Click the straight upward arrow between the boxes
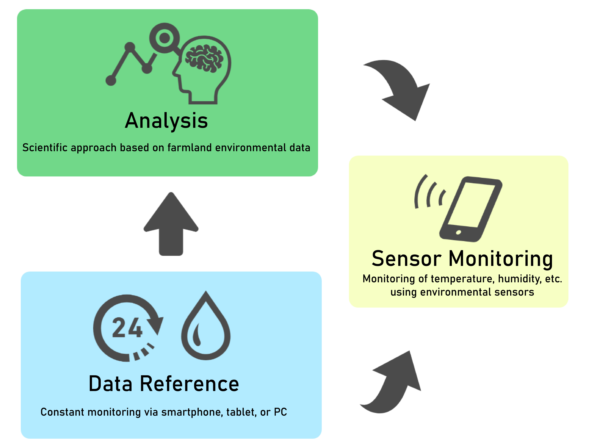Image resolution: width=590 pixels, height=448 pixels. tap(171, 224)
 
